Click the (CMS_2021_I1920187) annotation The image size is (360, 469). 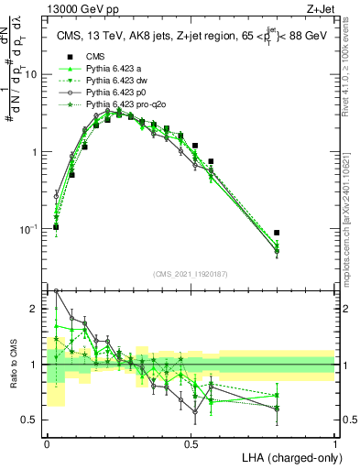(191, 274)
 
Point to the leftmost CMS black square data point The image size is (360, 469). (56, 227)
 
